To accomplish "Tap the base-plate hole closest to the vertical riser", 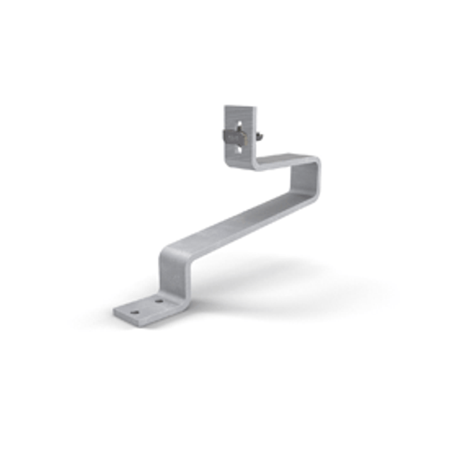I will (x=159, y=300).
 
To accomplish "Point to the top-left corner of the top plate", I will (x=225, y=107).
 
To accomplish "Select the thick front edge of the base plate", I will (x=142, y=317).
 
